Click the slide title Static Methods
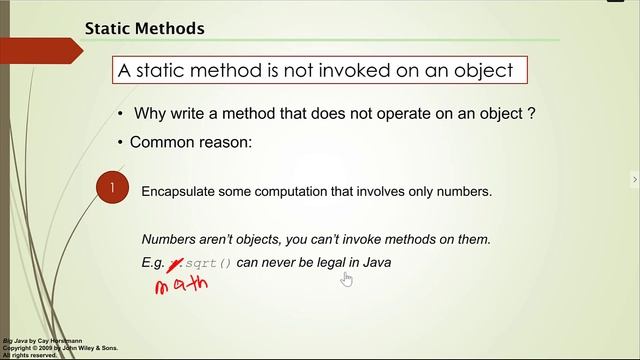tap(144, 28)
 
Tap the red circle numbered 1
tap(113, 188)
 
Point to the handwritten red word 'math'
tap(181, 285)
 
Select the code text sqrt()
tap(208, 263)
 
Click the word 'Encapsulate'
tap(181, 191)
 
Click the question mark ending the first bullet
tap(532, 114)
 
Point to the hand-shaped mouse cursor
tap(346, 278)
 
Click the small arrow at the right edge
tap(634, 180)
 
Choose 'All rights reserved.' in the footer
tap(31, 355)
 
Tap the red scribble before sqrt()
tap(175, 263)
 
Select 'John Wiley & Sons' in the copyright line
tap(93, 348)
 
